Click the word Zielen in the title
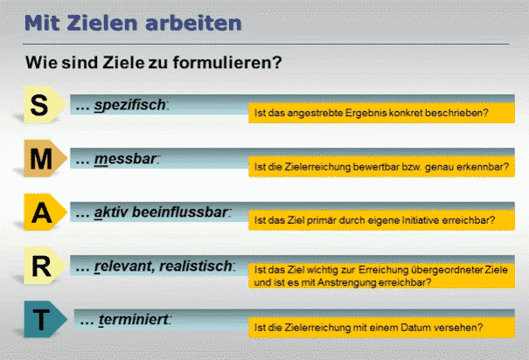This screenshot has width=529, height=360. (x=103, y=23)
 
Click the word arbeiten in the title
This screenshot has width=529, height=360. (x=193, y=23)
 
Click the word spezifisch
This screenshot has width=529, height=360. (x=130, y=105)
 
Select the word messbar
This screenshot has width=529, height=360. (x=125, y=159)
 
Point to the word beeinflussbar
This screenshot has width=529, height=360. (x=180, y=212)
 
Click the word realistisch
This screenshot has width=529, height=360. (x=196, y=266)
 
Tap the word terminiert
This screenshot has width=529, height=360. (x=133, y=320)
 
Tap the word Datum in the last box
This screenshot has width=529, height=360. (x=416, y=328)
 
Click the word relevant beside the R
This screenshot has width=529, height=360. (x=124, y=266)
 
